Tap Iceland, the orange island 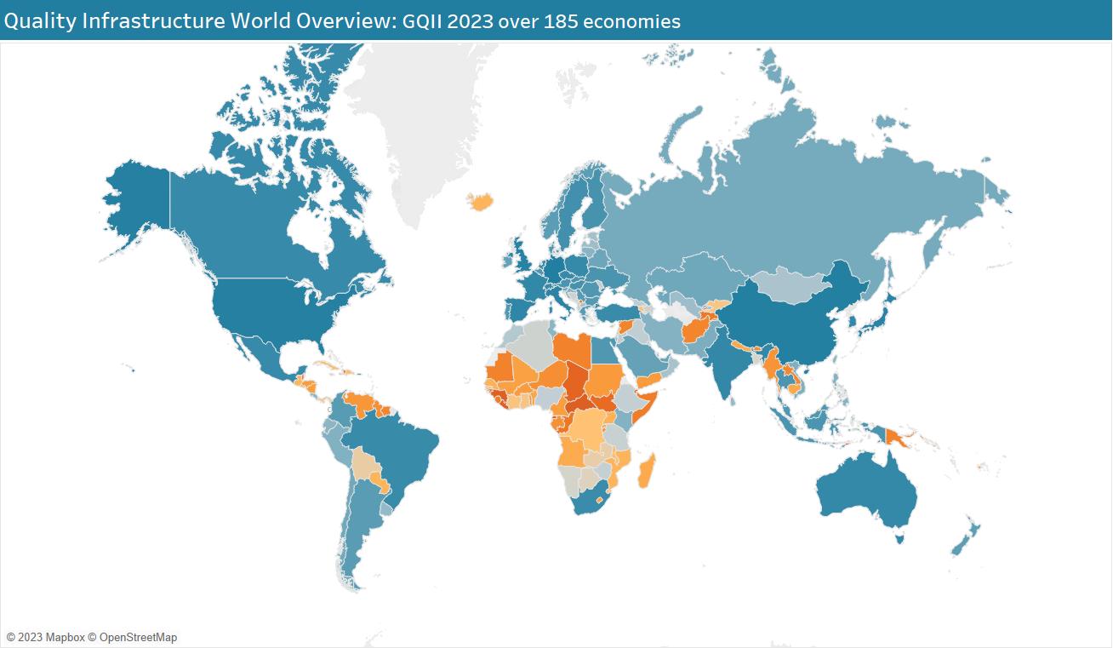pyautogui.click(x=481, y=202)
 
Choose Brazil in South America pyautogui.click(x=400, y=451)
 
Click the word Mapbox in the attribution pyautogui.click(x=65, y=637)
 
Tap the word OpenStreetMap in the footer pyautogui.click(x=138, y=637)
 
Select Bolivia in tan pyautogui.click(x=366, y=466)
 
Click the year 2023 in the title pyautogui.click(x=470, y=21)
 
